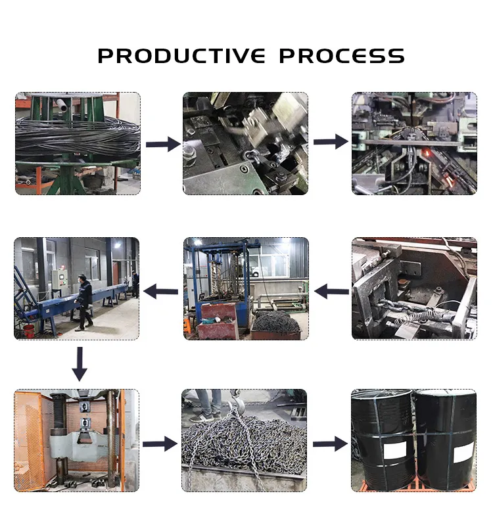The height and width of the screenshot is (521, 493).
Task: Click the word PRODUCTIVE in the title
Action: [x=181, y=55]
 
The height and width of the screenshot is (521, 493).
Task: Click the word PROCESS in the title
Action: [x=342, y=55]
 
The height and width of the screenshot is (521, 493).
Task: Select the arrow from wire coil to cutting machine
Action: [x=163, y=144]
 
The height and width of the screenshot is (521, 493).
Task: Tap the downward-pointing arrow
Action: [x=80, y=364]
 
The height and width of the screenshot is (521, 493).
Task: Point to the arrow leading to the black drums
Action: [x=330, y=444]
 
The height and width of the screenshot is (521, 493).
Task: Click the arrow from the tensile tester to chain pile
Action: [x=160, y=444]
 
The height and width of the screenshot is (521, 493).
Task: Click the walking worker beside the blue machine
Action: [x=84, y=302]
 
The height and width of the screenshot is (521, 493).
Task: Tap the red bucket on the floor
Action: [x=28, y=331]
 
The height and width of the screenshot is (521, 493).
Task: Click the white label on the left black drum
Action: [x=395, y=450]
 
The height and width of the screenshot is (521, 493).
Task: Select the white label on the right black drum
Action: [x=463, y=452]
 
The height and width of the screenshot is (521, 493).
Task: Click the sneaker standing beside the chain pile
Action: [x=200, y=417]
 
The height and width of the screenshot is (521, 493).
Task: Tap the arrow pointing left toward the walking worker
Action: [x=160, y=292]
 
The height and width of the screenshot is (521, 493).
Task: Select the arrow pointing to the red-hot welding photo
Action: [x=331, y=142]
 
